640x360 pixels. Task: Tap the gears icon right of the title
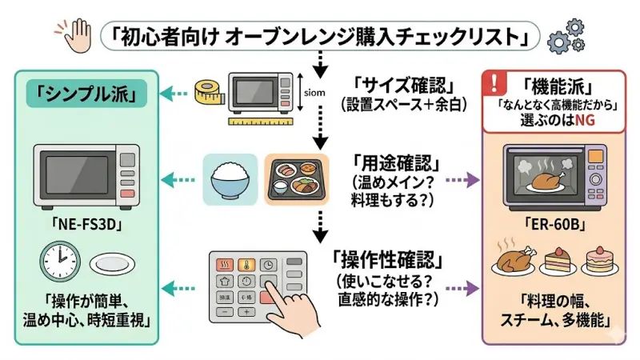click(565, 35)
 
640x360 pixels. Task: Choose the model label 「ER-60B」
click(557, 226)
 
